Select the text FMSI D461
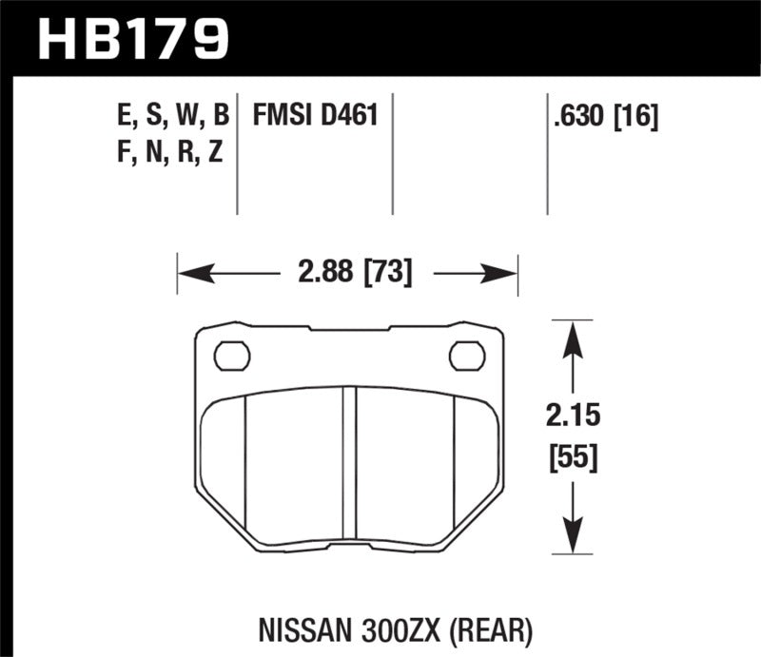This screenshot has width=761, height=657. [316, 117]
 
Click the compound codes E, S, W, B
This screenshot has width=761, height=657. [168, 117]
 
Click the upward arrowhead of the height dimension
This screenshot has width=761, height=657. [570, 338]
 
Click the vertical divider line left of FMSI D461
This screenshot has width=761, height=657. [237, 153]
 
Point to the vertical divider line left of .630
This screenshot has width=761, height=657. [547, 153]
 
